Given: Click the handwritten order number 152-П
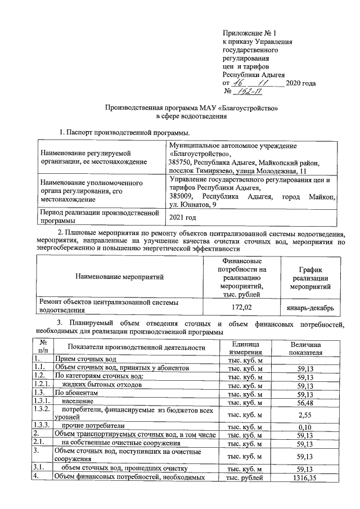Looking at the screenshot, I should tap(250, 92).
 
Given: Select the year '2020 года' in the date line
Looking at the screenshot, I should tap(300, 83).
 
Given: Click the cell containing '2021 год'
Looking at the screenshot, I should tap(183, 217).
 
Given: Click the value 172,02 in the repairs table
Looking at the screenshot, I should tap(241, 307).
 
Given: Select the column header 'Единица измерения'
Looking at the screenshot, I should tap(245, 348).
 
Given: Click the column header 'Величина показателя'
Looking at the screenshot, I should tap(305, 348).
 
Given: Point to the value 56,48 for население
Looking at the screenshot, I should tap(305, 402).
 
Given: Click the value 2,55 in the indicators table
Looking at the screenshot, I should tap(305, 415).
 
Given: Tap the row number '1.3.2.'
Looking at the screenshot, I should tap(43, 411).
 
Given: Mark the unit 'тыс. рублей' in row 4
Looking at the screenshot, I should tap(245, 478).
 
